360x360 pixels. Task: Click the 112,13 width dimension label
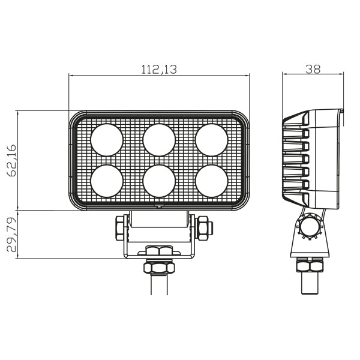pyautogui.click(x=159, y=69)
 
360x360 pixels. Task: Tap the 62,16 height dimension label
pyautogui.click(x=12, y=160)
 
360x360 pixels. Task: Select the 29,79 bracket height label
pyautogui.click(x=12, y=235)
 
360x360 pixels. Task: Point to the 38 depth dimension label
pyautogui.click(x=313, y=69)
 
